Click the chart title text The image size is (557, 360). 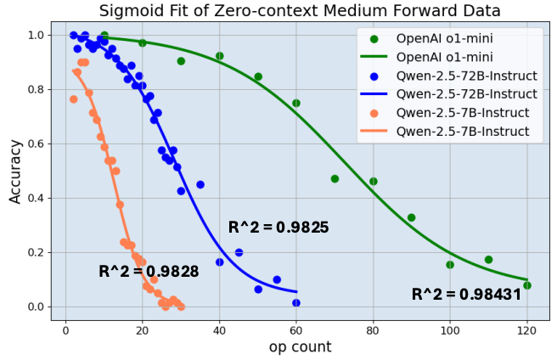300,11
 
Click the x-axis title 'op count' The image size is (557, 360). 300,346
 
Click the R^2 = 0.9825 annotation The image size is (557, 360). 278,228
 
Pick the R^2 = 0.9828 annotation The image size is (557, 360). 149,272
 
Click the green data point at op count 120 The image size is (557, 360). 527,285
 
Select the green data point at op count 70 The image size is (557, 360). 335,178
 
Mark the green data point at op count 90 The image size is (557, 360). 412,217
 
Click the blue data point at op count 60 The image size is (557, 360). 296,302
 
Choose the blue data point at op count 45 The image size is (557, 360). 239,252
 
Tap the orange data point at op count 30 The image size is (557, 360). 181,307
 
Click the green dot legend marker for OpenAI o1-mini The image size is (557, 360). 375,38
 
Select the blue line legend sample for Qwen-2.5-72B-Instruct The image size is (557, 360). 375,93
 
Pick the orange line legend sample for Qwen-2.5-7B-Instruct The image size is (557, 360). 375,131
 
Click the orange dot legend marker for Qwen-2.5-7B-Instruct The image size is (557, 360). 375,112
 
